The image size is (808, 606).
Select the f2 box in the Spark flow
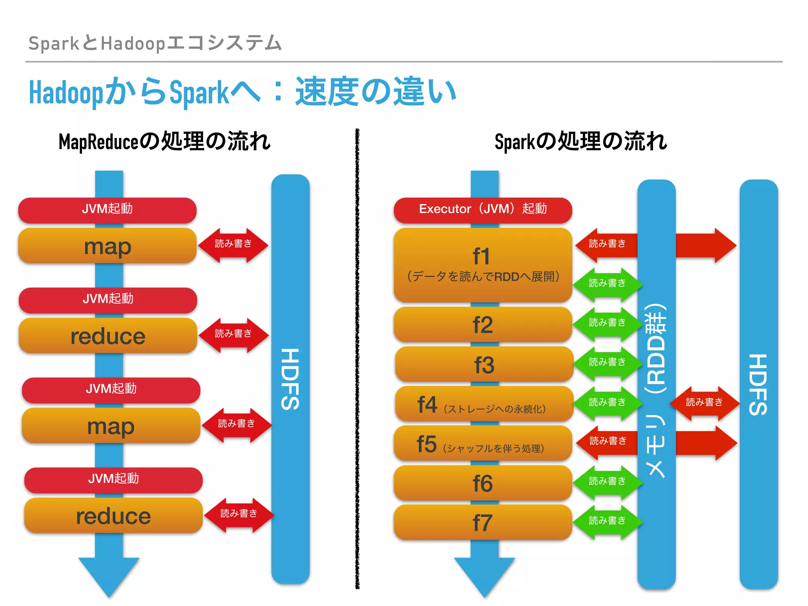483,325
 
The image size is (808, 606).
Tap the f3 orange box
484,364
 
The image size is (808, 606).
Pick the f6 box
483,483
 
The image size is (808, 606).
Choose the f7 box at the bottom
483,522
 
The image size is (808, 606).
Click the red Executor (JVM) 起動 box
483,209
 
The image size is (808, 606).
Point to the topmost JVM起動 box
107,209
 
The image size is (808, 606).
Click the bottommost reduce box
113,516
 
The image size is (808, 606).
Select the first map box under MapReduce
107,246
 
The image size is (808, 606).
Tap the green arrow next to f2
607,323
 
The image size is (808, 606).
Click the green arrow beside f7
607,521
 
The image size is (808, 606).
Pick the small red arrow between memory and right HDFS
704,402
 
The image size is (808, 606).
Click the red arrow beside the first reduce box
234,335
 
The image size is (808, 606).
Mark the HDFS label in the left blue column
290,379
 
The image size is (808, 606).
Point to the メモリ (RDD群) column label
656,391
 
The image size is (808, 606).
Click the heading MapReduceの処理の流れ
165,142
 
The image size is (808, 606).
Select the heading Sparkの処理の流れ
580,142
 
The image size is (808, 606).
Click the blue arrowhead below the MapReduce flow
109,574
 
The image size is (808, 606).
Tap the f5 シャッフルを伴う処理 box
483,443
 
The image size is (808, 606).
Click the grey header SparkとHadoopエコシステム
155,43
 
